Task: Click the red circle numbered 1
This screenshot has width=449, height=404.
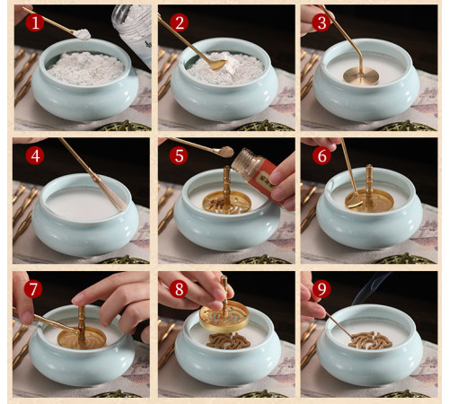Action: coord(35,22)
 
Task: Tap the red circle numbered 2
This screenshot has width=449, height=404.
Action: coord(179,22)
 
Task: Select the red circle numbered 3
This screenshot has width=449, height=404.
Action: coord(321,22)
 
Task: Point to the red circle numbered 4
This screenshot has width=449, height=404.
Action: coord(35,155)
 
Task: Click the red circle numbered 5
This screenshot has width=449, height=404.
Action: coord(179,155)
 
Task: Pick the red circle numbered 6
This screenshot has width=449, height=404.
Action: coord(321,155)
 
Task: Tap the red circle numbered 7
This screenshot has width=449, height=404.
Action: coord(33,288)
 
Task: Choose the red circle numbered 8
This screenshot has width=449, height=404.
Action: coord(179,288)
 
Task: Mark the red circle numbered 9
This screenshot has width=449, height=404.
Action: coord(321,288)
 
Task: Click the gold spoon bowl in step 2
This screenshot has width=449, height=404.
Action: coord(218,65)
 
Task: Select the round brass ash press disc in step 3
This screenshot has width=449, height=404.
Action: coord(361,76)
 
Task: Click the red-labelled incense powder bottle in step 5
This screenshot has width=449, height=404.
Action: coord(260,177)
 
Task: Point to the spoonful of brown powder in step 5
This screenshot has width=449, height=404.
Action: coord(225,152)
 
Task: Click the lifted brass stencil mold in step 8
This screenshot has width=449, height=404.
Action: coord(224,316)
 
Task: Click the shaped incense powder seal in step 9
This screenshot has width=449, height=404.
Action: coord(371,340)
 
